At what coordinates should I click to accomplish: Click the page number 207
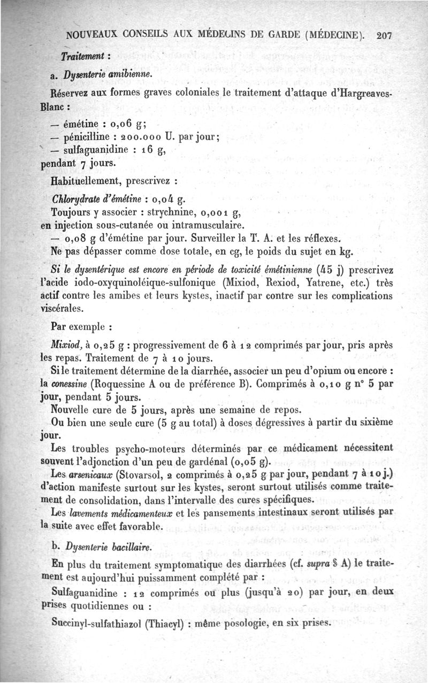(x=385, y=36)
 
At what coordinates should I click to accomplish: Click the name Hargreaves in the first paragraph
(x=364, y=93)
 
